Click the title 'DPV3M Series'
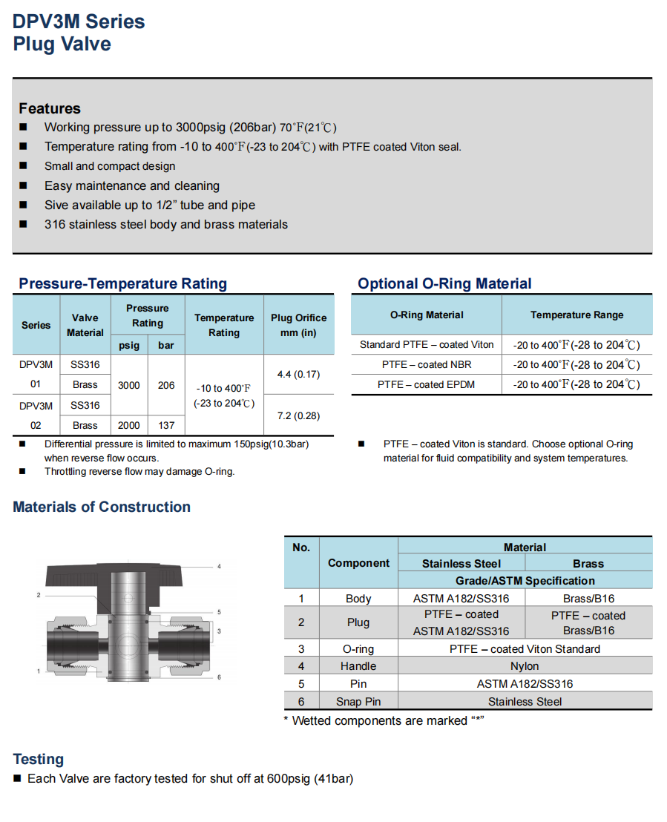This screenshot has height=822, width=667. [79, 22]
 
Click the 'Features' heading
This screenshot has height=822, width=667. [50, 108]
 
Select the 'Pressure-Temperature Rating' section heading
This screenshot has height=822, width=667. [122, 283]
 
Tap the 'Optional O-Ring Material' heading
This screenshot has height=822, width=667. [444, 283]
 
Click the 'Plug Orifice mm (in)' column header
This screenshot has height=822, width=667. [298, 325]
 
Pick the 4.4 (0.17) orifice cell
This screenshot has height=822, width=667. [298, 374]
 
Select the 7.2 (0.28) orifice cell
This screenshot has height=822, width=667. [298, 415]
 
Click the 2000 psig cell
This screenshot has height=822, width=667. [129, 425]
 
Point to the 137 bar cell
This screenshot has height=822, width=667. [166, 425]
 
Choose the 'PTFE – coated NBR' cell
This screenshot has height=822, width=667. [427, 364]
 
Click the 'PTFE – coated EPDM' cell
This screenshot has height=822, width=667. [427, 384]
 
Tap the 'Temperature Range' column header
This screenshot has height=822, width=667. [576, 315]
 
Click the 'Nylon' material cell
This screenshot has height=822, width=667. [525, 666]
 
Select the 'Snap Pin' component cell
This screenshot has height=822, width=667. [358, 702]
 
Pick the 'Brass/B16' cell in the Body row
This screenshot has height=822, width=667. [588, 599]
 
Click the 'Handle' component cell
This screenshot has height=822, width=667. [358, 666]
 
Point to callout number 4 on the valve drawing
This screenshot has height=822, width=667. [220, 567]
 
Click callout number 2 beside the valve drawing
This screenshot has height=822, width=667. [38, 595]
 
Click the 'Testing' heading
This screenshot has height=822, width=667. [39, 759]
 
